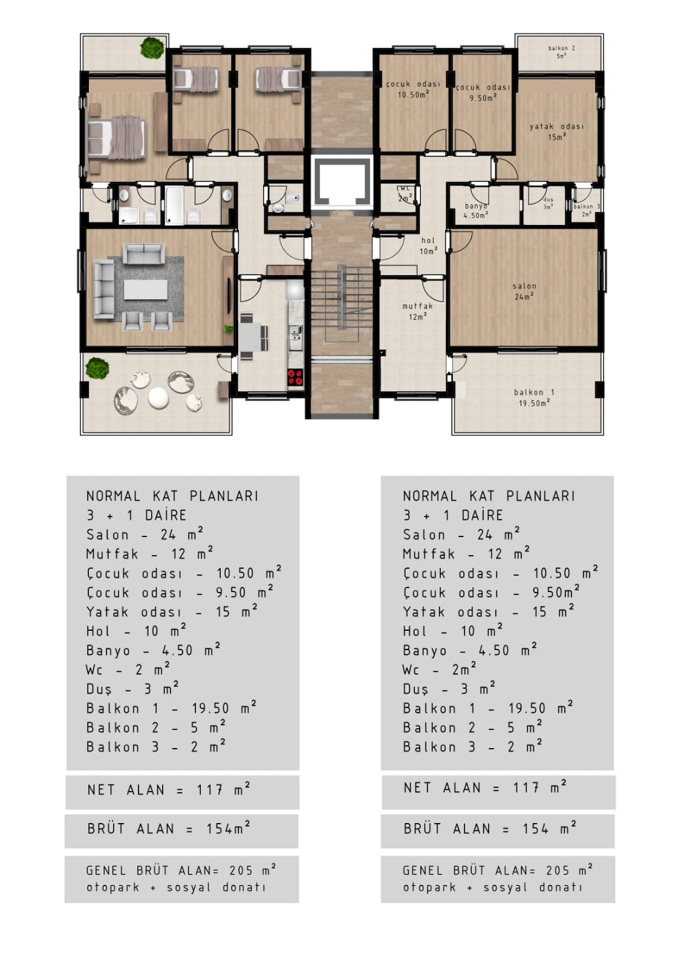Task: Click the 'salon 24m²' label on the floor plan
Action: tap(524, 291)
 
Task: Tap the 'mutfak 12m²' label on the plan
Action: tap(417, 311)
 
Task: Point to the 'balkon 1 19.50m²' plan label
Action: tap(534, 397)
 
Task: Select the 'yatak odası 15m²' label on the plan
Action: tap(556, 132)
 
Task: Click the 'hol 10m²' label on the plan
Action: tap(428, 246)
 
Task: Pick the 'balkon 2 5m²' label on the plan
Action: tap(561, 52)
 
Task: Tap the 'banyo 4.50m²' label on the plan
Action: tap(476, 210)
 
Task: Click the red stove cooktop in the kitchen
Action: tap(295, 376)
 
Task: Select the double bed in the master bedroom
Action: tap(116, 138)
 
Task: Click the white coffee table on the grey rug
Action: tap(146, 289)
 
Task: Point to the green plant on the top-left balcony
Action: tap(152, 48)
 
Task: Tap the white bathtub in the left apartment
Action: tap(174, 205)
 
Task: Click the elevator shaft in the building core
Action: tap(342, 181)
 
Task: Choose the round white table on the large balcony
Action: tap(157, 397)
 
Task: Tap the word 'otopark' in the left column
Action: tap(112, 888)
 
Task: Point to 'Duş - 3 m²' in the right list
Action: tap(449, 688)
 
